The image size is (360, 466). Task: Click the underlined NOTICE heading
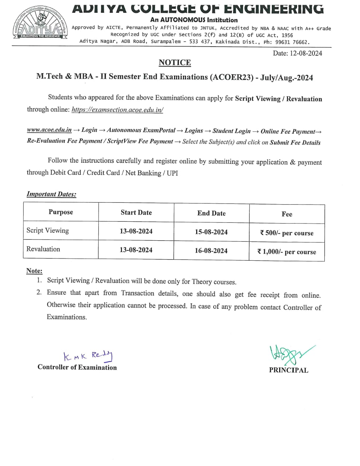(x=175, y=63)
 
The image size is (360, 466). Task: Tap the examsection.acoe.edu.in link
(x=117, y=110)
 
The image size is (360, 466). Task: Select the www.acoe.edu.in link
(x=49, y=130)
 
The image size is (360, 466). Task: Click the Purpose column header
(x=61, y=212)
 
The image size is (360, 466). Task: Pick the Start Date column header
(x=136, y=213)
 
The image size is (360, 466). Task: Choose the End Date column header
(x=211, y=213)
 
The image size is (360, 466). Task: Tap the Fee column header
(x=287, y=214)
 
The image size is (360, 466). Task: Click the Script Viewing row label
(x=48, y=230)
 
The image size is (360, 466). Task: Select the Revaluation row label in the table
(x=43, y=249)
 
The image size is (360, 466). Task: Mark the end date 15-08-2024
(x=211, y=232)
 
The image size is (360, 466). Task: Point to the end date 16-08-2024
(x=211, y=251)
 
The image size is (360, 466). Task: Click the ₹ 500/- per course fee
(x=287, y=233)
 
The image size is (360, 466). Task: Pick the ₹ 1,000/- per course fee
(x=287, y=252)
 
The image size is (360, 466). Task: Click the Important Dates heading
(x=51, y=194)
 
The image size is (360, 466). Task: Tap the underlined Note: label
(x=34, y=271)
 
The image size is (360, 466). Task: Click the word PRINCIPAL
(x=289, y=370)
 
